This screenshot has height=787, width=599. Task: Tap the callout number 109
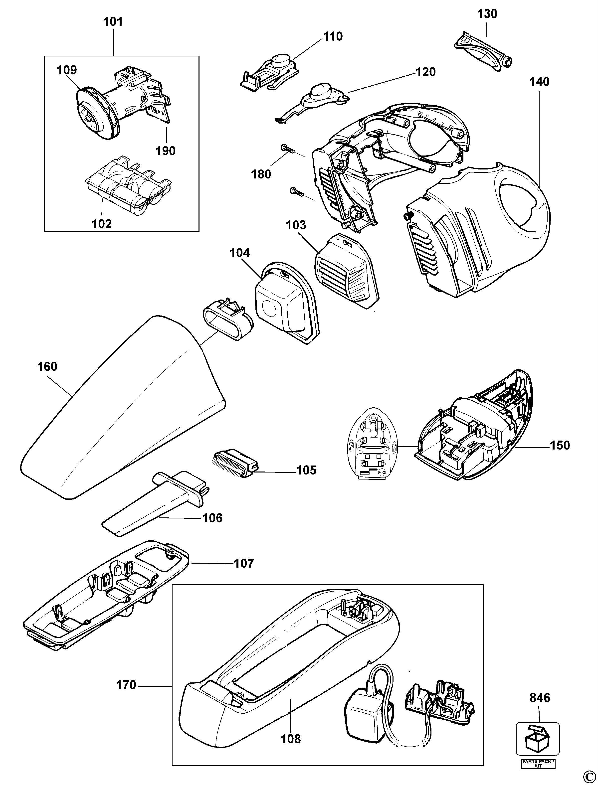pos(67,70)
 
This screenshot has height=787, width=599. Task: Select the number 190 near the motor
pos(166,151)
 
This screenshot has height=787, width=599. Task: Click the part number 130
pos(487,14)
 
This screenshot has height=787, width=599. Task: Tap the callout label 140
pos(539,82)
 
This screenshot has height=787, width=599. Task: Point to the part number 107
pos(244,564)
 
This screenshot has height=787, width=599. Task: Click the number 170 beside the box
pos(126,685)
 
